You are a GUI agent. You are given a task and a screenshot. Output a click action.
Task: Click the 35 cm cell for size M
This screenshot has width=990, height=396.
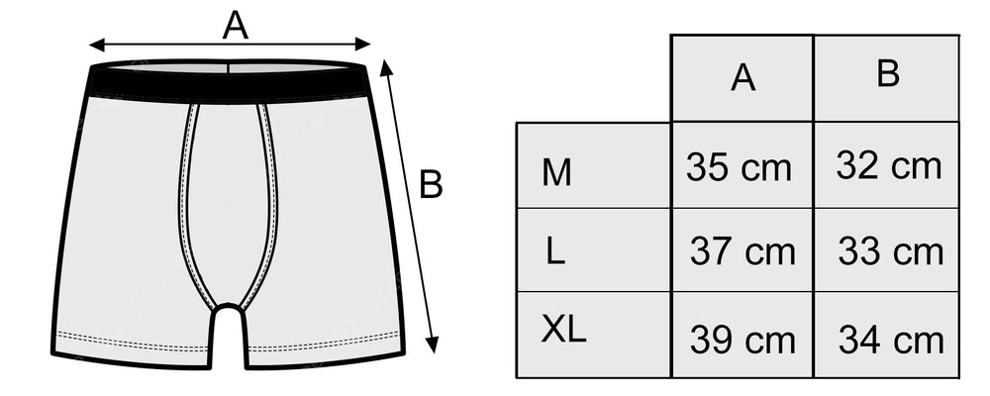click(741, 167)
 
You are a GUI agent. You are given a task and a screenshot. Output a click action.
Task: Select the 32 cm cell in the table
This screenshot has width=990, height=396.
click(888, 165)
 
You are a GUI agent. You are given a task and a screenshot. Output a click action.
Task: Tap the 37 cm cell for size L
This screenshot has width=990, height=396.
click(742, 251)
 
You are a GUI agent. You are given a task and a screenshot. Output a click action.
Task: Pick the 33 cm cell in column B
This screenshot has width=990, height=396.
click(890, 251)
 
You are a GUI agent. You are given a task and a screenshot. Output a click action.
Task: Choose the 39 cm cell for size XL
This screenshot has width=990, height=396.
click(742, 340)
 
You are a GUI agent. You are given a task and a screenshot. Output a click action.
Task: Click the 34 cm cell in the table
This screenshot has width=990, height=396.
click(890, 340)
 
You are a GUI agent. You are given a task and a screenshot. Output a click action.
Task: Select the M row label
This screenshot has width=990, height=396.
click(556, 173)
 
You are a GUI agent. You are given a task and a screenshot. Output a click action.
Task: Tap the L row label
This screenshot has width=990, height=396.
click(555, 251)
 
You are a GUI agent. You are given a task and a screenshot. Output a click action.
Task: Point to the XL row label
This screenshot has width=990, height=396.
click(563, 331)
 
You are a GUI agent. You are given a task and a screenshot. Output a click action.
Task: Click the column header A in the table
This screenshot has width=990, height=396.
click(742, 78)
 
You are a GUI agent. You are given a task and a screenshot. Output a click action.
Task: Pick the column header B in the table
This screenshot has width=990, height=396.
click(888, 74)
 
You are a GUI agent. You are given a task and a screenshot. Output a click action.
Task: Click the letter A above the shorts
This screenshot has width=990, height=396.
click(235, 24)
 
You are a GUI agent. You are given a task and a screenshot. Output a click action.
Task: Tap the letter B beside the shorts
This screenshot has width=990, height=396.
click(431, 184)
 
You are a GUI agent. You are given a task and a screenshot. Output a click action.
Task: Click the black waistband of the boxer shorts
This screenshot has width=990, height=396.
click(230, 83)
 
